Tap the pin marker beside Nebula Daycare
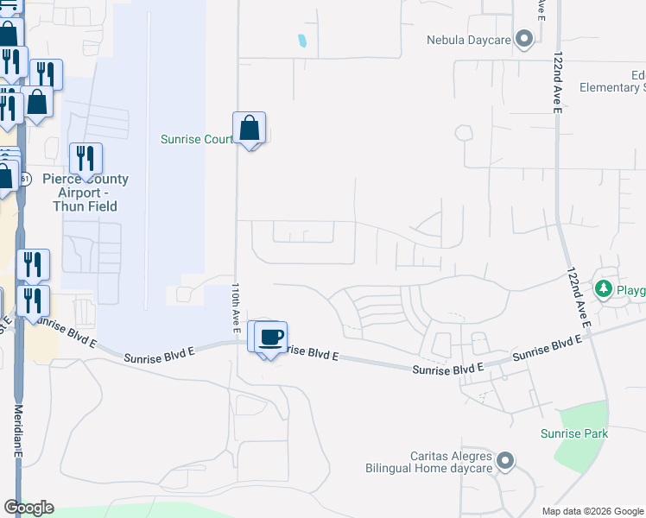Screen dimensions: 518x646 click(x=523, y=39)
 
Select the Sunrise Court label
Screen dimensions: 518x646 click(x=198, y=139)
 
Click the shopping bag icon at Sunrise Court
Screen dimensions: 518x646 click(x=250, y=129)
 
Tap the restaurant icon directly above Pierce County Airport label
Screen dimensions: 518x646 click(x=85, y=159)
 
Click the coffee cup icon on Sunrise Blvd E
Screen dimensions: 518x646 click(x=270, y=337)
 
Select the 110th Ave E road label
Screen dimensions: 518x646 click(x=234, y=308)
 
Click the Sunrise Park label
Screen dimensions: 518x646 click(x=574, y=433)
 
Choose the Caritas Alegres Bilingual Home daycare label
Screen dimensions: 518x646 click(x=427, y=462)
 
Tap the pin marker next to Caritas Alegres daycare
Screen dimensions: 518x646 click(x=506, y=462)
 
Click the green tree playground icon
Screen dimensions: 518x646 click(x=603, y=288)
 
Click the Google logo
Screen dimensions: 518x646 click(x=28, y=508)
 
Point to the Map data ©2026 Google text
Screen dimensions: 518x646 click(x=592, y=511)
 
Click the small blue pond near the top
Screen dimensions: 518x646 click(x=301, y=40)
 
